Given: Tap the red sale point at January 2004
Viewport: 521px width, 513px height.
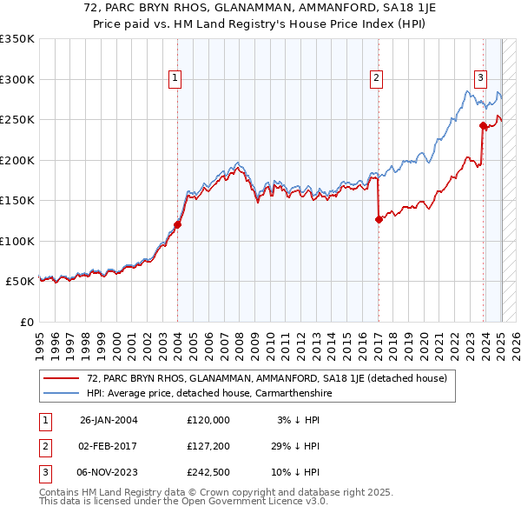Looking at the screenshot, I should pos(177,224).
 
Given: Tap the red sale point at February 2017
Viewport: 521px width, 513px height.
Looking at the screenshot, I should pos(379,219).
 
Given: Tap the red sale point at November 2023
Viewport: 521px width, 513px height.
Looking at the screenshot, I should pos(483,125).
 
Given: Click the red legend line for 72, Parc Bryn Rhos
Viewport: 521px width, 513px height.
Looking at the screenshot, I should pos(60,378).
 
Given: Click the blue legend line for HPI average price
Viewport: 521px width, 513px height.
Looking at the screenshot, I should pos(60,393).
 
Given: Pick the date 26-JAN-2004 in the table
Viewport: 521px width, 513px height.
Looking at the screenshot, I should pos(109,421).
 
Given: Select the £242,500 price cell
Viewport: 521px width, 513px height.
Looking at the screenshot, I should pos(208,473).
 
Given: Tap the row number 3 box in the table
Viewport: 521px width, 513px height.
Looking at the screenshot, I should pos(44,473).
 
